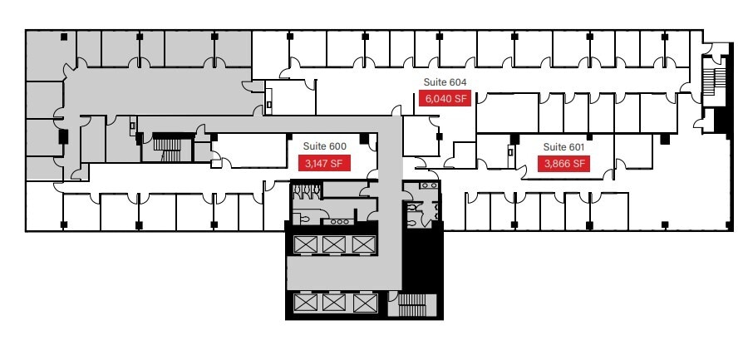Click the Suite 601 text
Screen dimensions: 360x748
(564, 146)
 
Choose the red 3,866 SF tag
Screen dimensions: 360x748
(565, 164)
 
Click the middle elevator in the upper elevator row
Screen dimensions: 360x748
(334, 244)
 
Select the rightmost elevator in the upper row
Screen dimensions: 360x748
(363, 244)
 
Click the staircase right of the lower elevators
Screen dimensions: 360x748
(411, 305)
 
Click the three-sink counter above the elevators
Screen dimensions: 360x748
(339, 221)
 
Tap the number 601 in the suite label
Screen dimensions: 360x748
(577, 146)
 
